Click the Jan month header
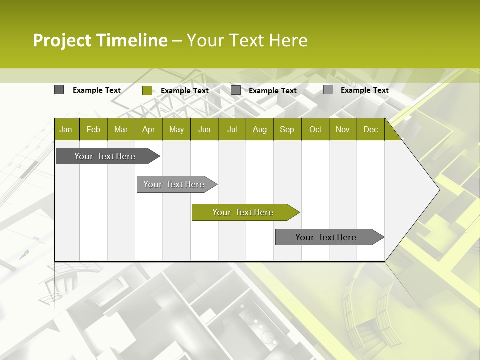tap(66, 130)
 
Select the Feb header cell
tap(93, 130)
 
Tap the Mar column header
tap(121, 130)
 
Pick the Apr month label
tap(148, 130)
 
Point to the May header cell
tap(176, 130)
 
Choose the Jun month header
tap(204, 130)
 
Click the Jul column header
tap(232, 130)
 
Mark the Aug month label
tap(259, 130)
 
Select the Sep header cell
tap(287, 130)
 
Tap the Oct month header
tap(315, 130)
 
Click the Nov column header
tap(343, 130)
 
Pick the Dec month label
tap(370, 130)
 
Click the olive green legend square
tap(147, 90)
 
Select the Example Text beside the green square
tap(184, 91)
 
